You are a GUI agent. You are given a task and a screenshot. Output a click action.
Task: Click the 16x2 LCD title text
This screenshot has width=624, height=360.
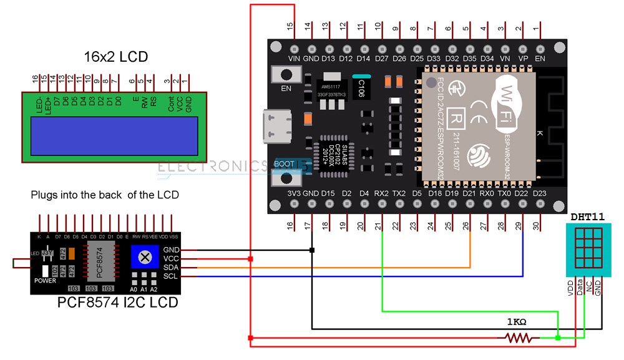[116, 57]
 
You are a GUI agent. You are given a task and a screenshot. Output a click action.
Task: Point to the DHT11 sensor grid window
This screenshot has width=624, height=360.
[586, 248]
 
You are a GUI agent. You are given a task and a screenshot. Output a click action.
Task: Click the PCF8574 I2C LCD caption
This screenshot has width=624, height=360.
[118, 303]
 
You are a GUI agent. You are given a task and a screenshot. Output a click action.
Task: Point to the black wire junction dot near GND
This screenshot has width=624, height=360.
[311, 250]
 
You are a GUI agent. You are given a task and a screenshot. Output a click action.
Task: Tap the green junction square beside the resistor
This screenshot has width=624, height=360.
[558, 338]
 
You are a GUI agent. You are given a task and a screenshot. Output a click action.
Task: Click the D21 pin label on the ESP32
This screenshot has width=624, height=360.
[470, 193]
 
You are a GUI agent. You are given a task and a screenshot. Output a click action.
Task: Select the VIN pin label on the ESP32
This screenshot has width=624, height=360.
[295, 58]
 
